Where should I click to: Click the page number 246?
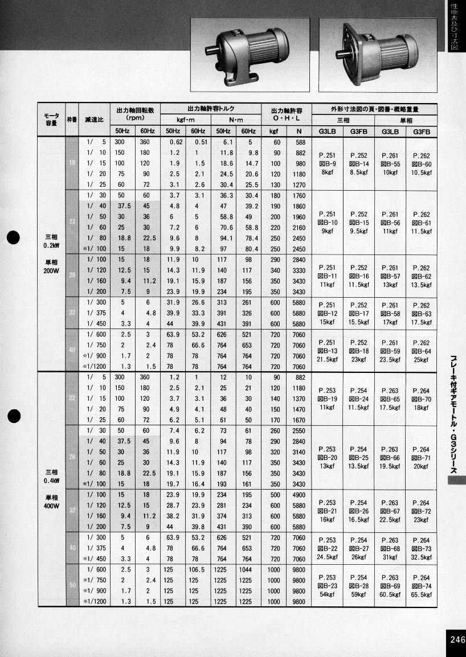tap(457, 639)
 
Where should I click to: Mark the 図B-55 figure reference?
tap(390, 163)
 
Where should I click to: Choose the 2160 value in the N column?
tap(300, 227)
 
